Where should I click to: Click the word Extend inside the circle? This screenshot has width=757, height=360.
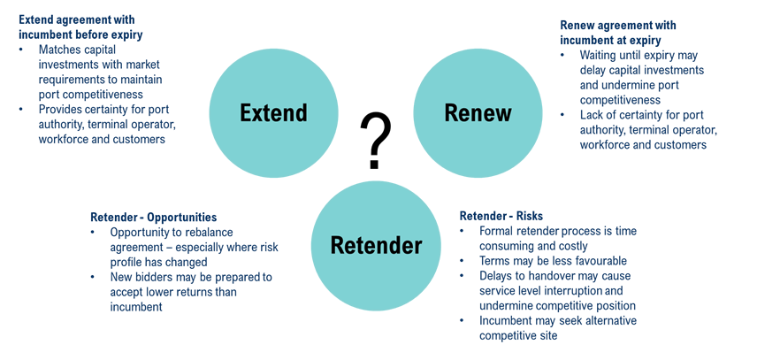tap(273, 113)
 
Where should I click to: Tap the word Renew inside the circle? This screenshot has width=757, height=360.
tap(478, 113)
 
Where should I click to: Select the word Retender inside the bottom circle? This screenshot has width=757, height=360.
tap(376, 246)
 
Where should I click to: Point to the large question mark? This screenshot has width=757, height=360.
tap(376, 142)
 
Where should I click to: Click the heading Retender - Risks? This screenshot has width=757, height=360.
tap(501, 215)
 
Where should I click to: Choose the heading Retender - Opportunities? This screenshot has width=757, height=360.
tap(154, 218)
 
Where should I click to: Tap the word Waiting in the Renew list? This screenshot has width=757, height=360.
tap(599, 55)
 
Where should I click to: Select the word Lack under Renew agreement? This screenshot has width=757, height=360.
tap(591, 115)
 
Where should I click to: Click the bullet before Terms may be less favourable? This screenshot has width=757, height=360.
tap(462, 261)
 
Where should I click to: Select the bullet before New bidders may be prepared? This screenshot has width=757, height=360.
tap(93, 277)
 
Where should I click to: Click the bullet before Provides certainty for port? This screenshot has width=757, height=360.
tap(21, 109)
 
